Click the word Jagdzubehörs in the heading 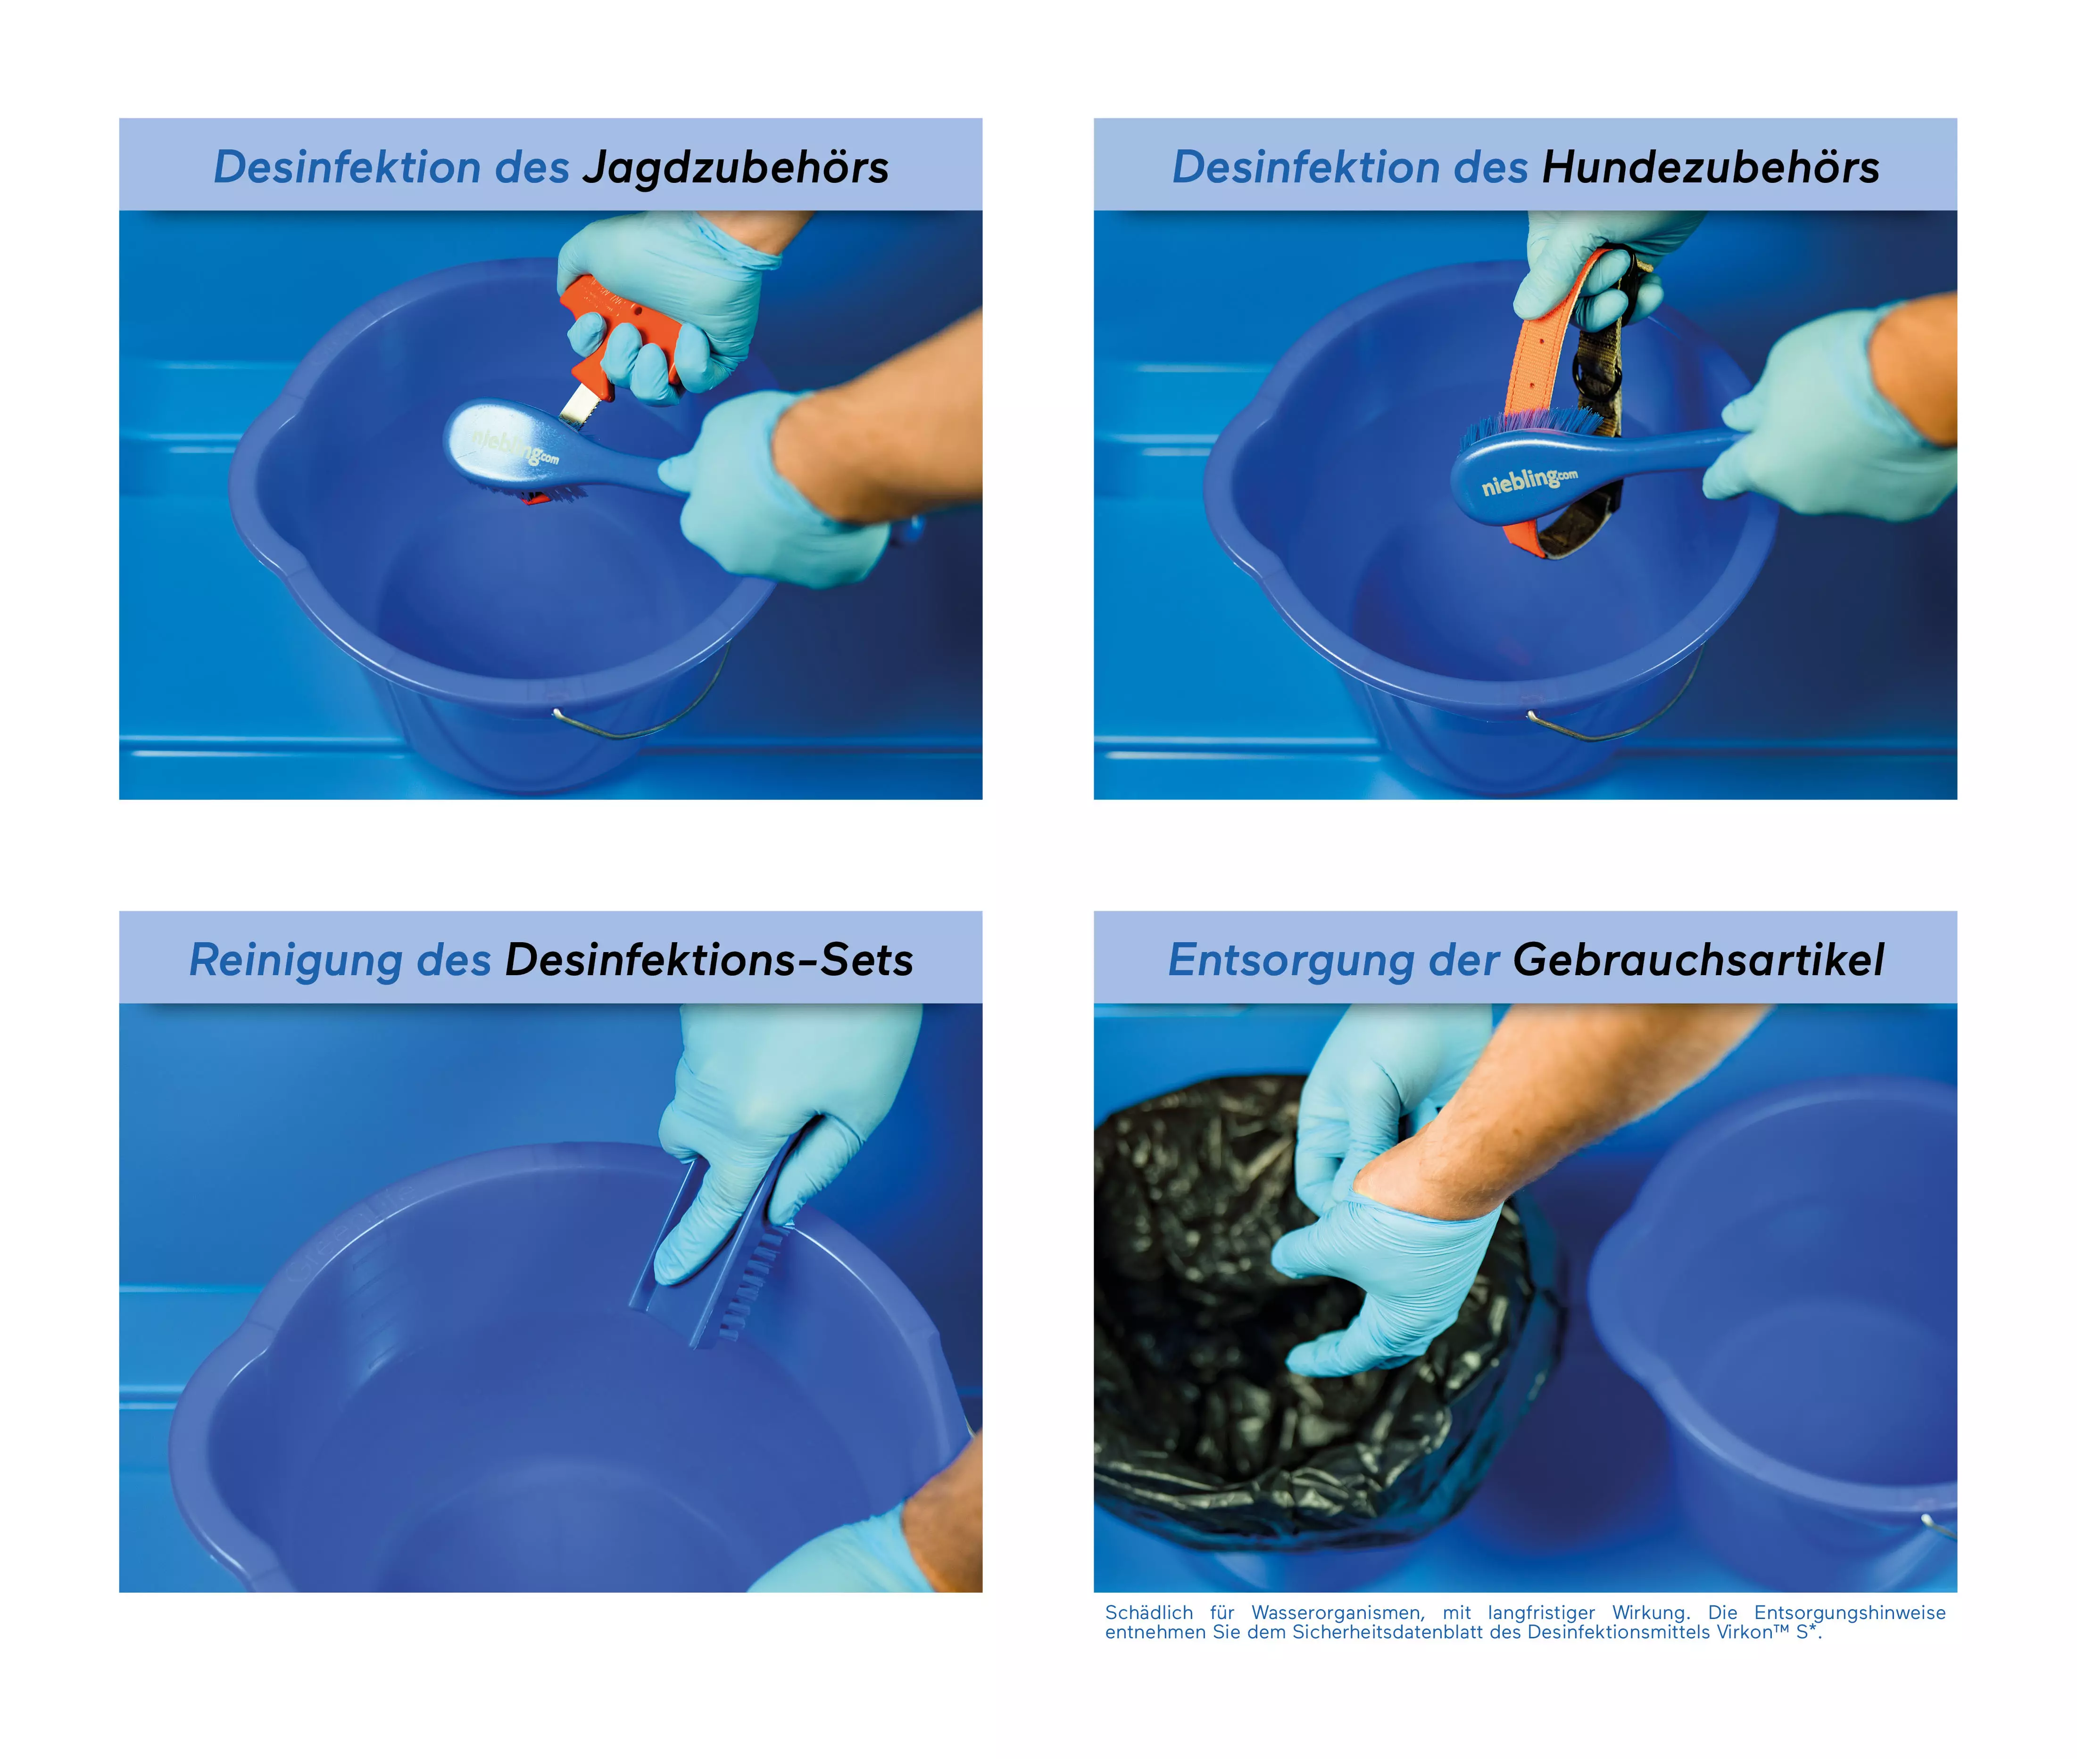[x=735, y=167]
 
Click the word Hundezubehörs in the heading [x=1710, y=167]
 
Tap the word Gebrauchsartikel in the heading [x=1698, y=960]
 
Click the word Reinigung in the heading [x=295, y=960]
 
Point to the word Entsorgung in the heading [x=1291, y=960]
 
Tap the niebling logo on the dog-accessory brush [x=1529, y=482]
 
